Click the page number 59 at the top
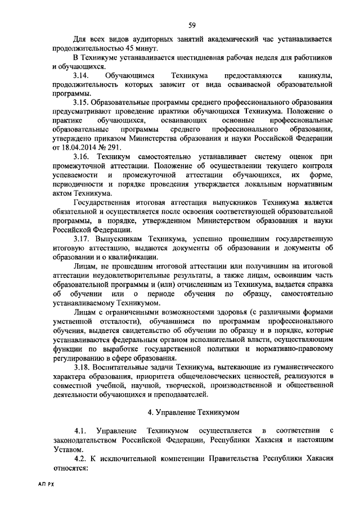pyautogui.click(x=192, y=24)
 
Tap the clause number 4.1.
pyautogui.click(x=81, y=430)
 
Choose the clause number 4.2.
pyautogui.click(x=81, y=458)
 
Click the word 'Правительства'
pyautogui.click(x=232, y=458)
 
